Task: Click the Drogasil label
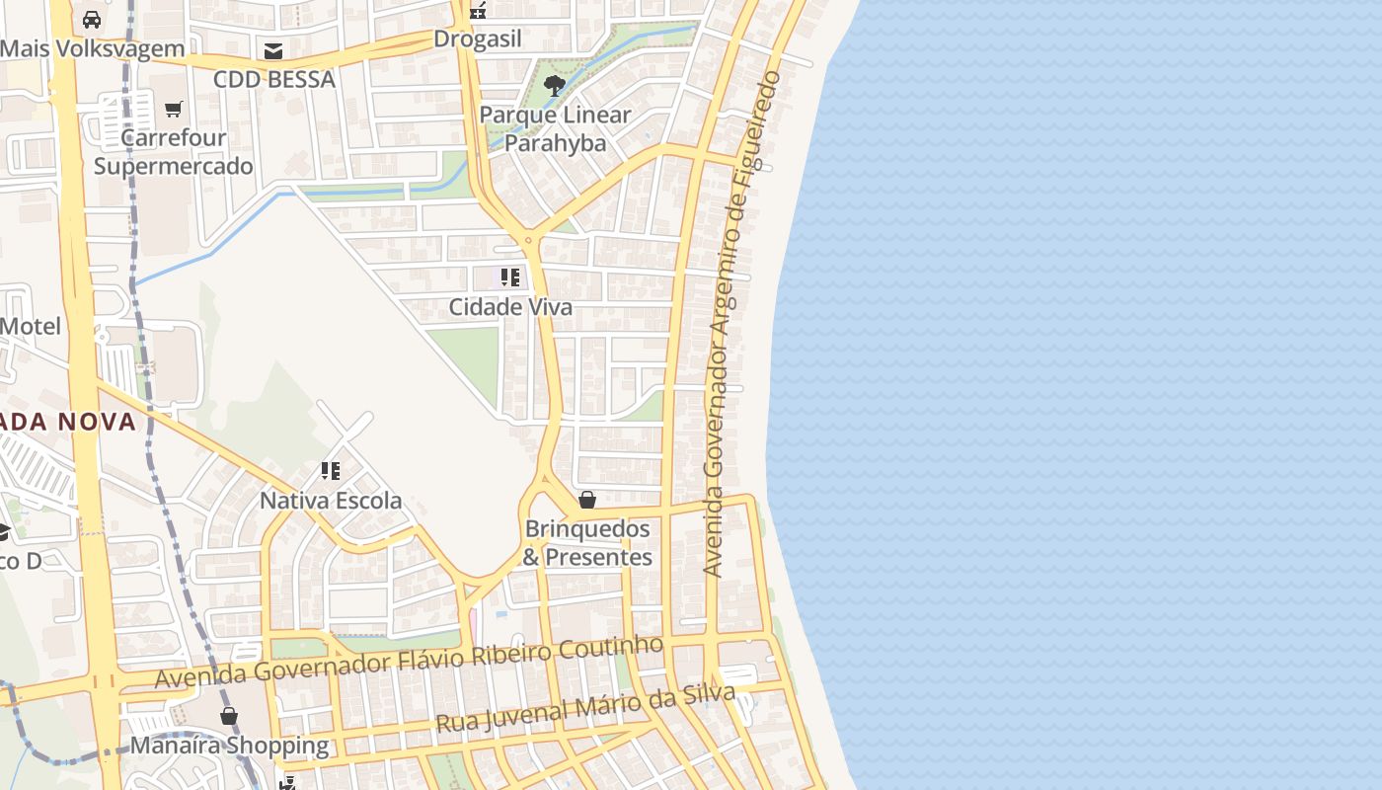[478, 40]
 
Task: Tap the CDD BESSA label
[274, 80]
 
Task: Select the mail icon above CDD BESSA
[273, 51]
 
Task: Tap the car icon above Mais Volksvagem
[92, 20]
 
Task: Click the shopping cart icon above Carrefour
[174, 109]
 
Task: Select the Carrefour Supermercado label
[174, 152]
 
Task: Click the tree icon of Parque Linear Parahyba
[555, 86]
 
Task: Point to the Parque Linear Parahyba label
[555, 129]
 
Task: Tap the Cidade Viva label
[510, 307]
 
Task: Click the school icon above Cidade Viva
[510, 277]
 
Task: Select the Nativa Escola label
[331, 501]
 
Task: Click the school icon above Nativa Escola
[331, 471]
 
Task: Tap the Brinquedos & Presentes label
[587, 543]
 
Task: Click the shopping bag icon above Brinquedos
[587, 500]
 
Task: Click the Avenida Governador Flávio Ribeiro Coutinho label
[410, 662]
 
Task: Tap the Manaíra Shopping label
[229, 745]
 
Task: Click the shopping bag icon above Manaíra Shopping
[229, 716]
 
